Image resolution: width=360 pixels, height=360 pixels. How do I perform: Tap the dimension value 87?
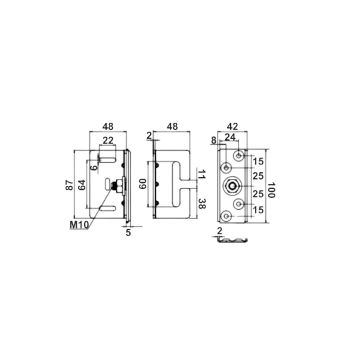point(70,185)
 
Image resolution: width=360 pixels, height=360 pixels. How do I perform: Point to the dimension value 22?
point(108,140)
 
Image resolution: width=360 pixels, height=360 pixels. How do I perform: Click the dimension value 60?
point(143,184)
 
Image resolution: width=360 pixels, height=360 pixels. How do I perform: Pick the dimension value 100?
point(271,190)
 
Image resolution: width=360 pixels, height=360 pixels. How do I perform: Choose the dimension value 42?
point(232,126)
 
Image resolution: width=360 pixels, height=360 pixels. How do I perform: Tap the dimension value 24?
point(230,137)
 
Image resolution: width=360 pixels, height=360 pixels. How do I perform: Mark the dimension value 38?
point(202,204)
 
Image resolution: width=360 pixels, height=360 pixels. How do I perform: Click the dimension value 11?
point(202,174)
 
